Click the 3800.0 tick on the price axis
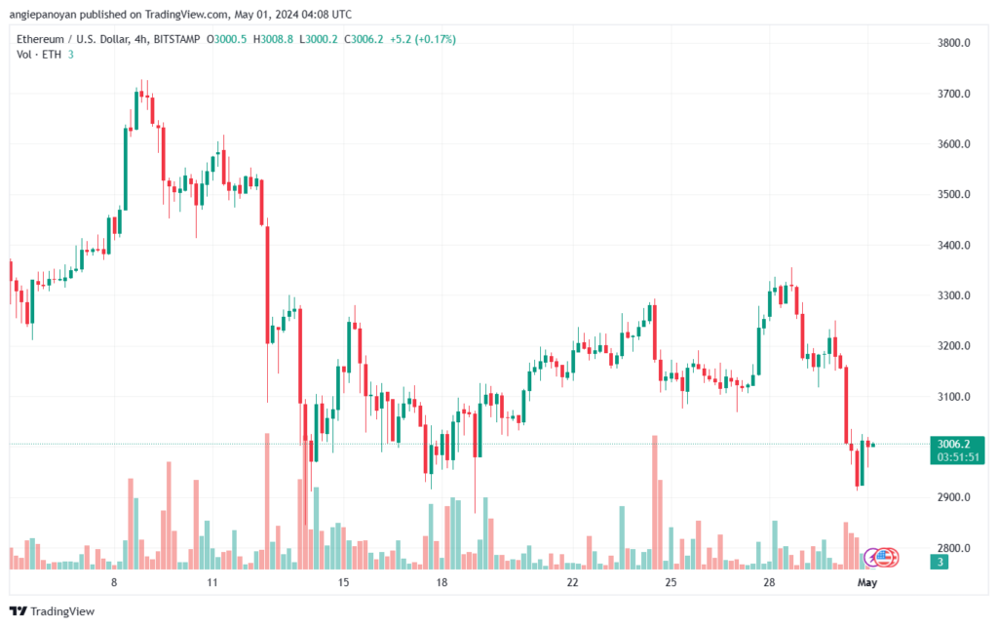click(x=953, y=43)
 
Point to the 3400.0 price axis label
click(x=953, y=245)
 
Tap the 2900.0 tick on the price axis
click(x=953, y=497)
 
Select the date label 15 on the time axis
click(x=343, y=582)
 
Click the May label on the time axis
click(x=866, y=582)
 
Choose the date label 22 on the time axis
click(x=572, y=582)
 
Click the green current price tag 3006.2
click(x=953, y=444)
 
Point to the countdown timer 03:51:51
click(x=957, y=457)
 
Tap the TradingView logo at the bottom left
click(x=53, y=611)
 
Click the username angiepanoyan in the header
click(x=43, y=14)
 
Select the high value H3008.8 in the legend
click(x=273, y=39)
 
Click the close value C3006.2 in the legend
click(x=364, y=39)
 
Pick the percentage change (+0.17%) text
click(x=436, y=39)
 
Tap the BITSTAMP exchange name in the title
click(x=177, y=39)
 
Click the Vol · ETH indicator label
click(x=39, y=55)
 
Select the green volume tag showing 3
click(x=940, y=562)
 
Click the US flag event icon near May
click(x=883, y=558)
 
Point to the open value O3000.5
click(x=226, y=39)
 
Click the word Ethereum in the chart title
click(x=40, y=39)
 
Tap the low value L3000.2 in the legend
click(x=319, y=39)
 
